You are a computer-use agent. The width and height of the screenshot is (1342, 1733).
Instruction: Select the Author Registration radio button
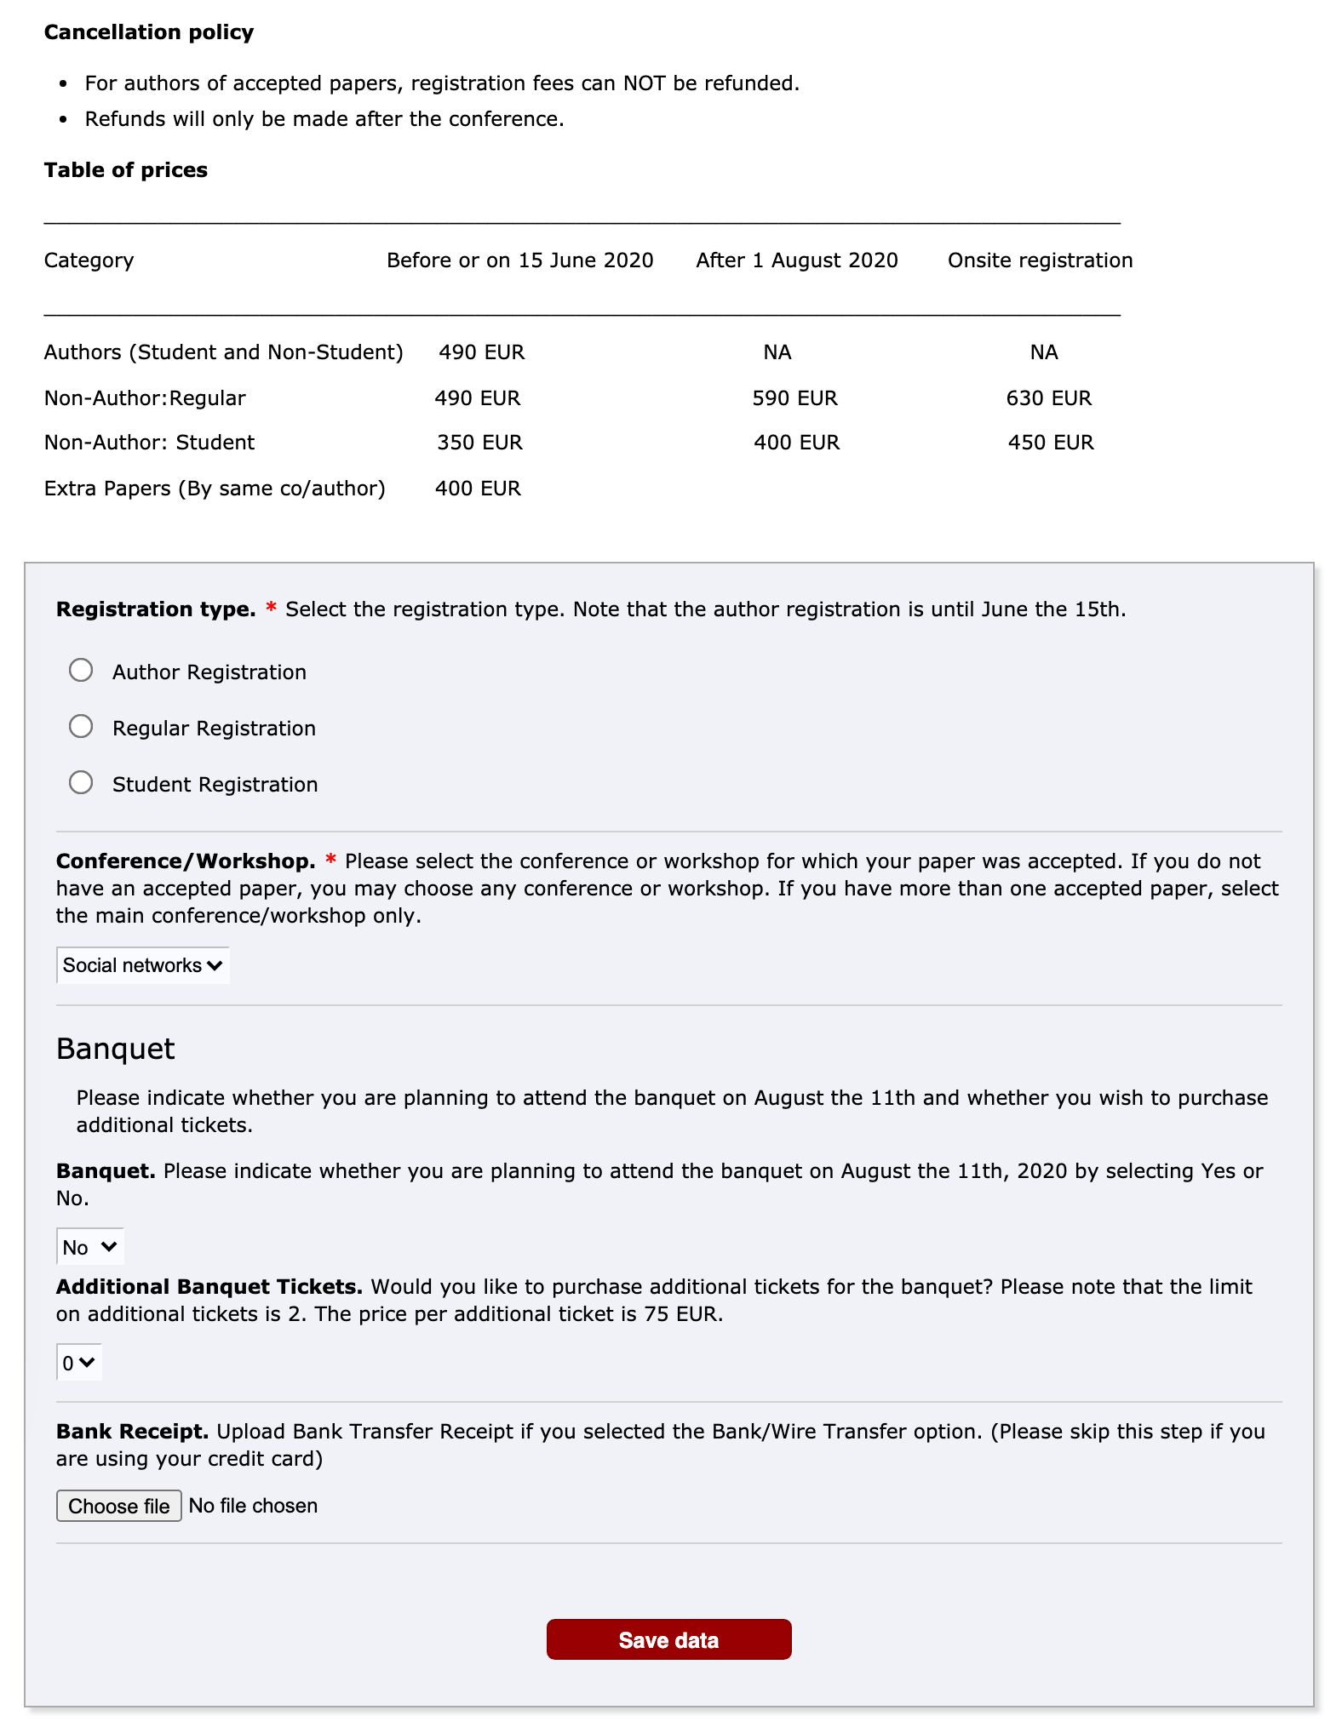tap(81, 671)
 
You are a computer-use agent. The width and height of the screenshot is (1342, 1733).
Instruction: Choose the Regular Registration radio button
tap(81, 727)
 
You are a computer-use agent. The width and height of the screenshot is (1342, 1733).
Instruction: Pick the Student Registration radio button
tap(81, 783)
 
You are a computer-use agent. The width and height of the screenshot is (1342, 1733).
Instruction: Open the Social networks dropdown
tap(142, 965)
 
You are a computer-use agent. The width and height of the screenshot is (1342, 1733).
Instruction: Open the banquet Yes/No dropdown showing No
tap(89, 1247)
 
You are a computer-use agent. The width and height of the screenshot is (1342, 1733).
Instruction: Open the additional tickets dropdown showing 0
tap(78, 1363)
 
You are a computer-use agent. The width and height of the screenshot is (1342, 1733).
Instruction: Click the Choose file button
tap(118, 1506)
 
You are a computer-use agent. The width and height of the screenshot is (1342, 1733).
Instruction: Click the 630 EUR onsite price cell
tap(1048, 398)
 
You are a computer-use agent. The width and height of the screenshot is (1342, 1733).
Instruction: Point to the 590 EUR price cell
tap(794, 398)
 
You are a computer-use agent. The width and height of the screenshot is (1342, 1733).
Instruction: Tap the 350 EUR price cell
tap(479, 443)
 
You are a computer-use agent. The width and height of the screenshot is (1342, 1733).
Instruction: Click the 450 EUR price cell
tap(1051, 443)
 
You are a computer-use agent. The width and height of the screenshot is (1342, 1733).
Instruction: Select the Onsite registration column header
tap(1040, 260)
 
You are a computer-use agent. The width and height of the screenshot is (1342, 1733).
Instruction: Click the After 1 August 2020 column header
tap(796, 260)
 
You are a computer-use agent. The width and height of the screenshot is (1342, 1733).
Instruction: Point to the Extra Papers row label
tap(215, 489)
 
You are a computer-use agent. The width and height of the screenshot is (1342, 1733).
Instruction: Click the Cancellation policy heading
tap(149, 32)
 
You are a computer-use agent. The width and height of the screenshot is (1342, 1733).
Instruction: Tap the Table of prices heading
tap(126, 170)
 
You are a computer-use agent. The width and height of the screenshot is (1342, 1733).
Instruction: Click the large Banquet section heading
tap(115, 1049)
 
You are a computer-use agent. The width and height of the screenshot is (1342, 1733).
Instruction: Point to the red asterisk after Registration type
tap(271, 608)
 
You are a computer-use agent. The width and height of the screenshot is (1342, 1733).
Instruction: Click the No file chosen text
tap(253, 1506)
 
